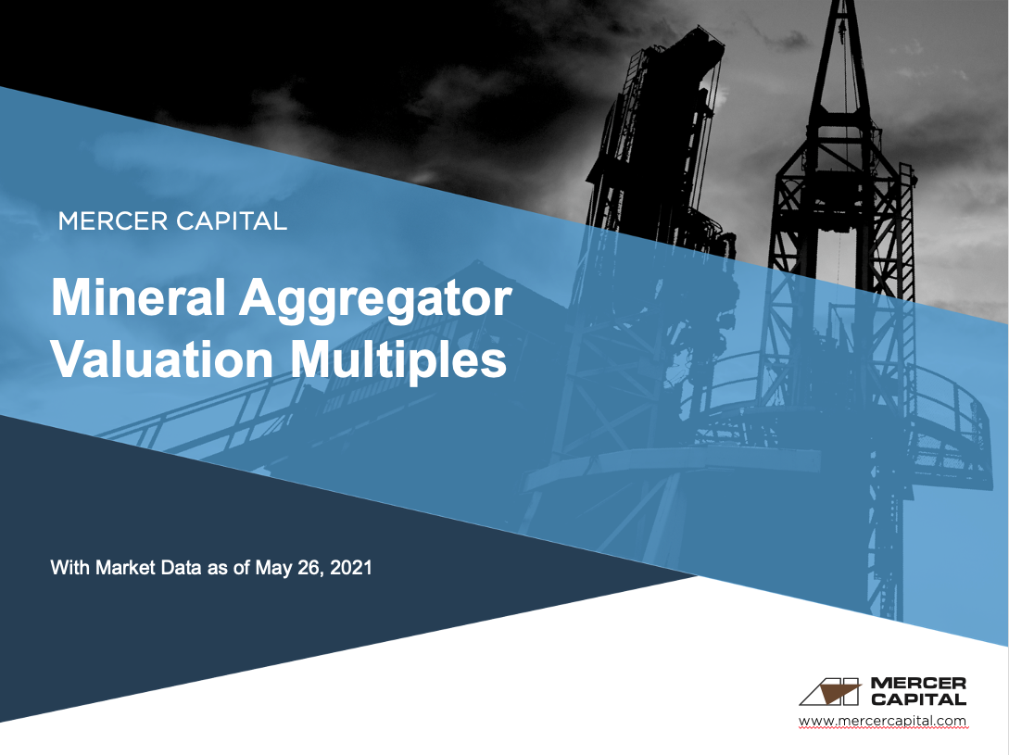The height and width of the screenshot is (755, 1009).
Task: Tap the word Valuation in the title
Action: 163,359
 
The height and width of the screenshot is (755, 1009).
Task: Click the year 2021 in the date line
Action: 351,567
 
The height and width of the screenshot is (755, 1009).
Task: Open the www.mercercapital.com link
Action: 882,721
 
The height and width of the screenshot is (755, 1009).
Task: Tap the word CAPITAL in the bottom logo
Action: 918,699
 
